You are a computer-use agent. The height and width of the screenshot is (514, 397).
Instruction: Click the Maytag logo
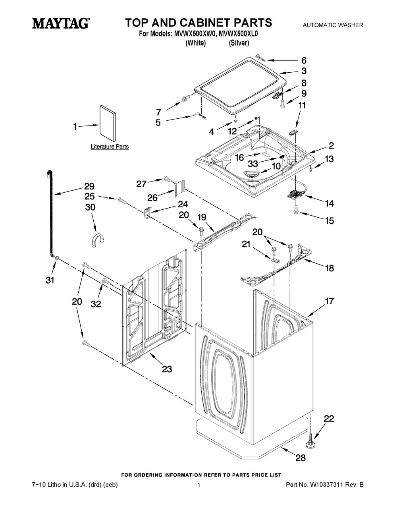(60, 23)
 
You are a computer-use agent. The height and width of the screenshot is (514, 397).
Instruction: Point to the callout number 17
(330, 301)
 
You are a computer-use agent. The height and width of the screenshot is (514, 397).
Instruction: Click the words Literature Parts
(110, 147)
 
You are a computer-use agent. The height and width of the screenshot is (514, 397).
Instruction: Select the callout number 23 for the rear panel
(167, 369)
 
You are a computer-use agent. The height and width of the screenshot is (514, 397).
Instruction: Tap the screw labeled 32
(106, 281)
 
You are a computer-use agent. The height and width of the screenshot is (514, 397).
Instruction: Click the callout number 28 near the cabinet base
(301, 458)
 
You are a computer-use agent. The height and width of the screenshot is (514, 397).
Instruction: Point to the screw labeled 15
(296, 213)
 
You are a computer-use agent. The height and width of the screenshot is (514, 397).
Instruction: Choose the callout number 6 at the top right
(304, 60)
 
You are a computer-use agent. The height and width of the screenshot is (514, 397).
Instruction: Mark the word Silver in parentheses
(239, 43)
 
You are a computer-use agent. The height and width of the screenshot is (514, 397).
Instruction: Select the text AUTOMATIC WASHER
(333, 25)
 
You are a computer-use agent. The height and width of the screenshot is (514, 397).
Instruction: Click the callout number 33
(253, 163)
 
